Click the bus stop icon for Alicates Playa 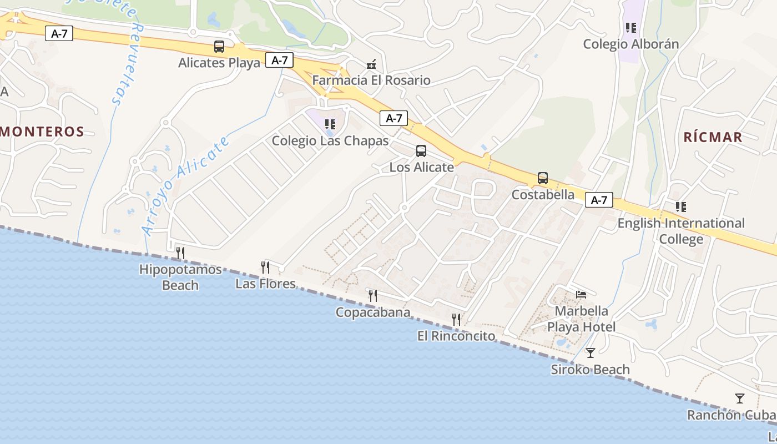pos(219,47)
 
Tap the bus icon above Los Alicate pos(421,150)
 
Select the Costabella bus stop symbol pos(543,178)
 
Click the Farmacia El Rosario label pos(371,80)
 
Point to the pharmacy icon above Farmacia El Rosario pos(371,64)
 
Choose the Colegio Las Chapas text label pos(330,141)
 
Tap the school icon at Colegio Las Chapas pos(330,124)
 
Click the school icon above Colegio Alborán pos(630,27)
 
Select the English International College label pos(681,231)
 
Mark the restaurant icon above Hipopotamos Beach pos(180,253)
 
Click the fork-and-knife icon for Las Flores pos(265,268)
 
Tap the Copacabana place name pos(373,312)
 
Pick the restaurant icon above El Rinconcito pos(456,319)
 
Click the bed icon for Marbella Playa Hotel pos(581,294)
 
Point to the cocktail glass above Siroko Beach pos(591,352)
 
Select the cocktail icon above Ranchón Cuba pos(739,398)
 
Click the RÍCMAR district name pos(713,138)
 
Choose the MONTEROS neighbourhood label pos(42,132)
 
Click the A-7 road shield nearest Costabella pos(599,200)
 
